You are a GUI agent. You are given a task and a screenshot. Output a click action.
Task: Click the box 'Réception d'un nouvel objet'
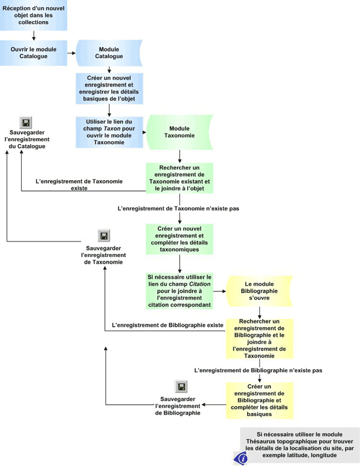click(33, 15)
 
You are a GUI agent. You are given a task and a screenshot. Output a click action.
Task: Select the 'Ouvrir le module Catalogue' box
click(33, 52)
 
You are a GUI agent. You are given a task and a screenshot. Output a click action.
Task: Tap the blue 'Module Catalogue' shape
click(109, 52)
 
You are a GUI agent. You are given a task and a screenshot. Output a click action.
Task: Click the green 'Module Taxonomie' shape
click(180, 132)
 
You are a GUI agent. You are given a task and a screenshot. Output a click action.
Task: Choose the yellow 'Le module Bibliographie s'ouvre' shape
click(259, 291)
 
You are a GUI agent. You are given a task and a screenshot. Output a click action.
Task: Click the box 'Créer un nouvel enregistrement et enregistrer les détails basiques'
click(109, 89)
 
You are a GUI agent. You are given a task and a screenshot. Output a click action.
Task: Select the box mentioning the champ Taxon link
click(109, 132)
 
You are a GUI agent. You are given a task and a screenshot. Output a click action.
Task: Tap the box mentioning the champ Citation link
click(180, 291)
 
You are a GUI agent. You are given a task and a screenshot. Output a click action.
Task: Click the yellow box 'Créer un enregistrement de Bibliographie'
click(259, 401)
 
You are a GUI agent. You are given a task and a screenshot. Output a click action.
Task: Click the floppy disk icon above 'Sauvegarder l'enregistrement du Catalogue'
click(26, 123)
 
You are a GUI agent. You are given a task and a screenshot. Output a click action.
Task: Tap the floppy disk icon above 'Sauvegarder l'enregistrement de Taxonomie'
click(103, 235)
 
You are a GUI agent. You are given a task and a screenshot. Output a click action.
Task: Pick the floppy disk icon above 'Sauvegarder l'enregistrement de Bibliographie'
click(181, 387)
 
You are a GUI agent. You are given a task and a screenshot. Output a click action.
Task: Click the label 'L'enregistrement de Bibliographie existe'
click(168, 325)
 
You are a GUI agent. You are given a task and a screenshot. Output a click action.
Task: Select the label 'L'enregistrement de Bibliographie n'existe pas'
click(259, 371)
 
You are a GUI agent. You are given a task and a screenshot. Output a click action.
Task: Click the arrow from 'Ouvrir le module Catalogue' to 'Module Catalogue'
click(70, 52)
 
